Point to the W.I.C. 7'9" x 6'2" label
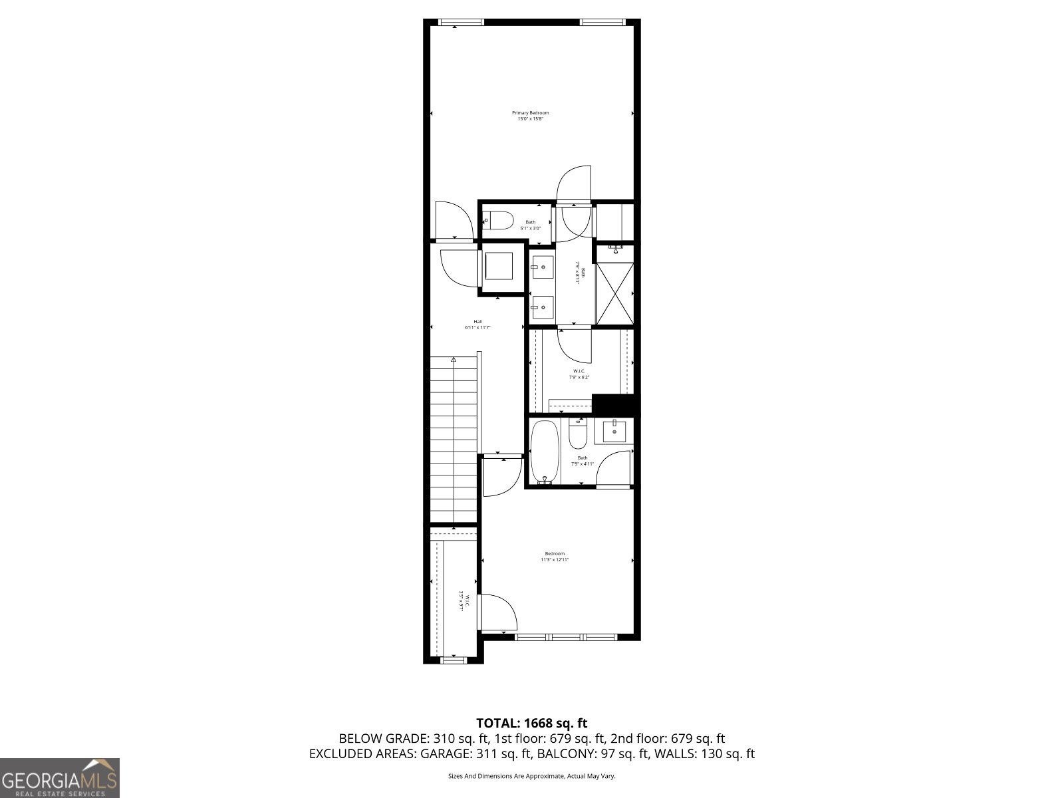coord(579,374)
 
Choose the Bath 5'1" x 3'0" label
coord(530,225)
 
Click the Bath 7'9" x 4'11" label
coord(583,460)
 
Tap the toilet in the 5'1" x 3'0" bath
coord(499,220)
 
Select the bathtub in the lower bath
coord(545,450)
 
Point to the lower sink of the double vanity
coord(543,307)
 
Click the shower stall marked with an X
coord(614,293)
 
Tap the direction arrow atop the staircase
coord(453,360)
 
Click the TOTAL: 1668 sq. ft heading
coord(531,723)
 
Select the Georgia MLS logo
coord(60,777)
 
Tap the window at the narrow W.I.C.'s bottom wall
coord(454,660)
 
